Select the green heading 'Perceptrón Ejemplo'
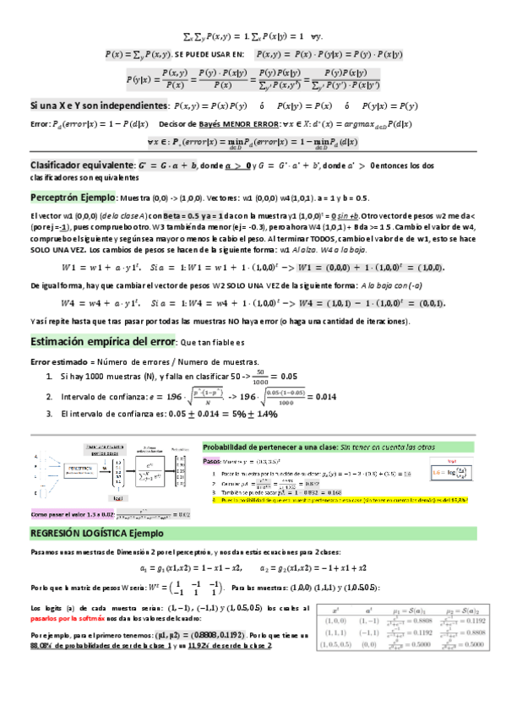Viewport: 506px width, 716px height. pos(73,197)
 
